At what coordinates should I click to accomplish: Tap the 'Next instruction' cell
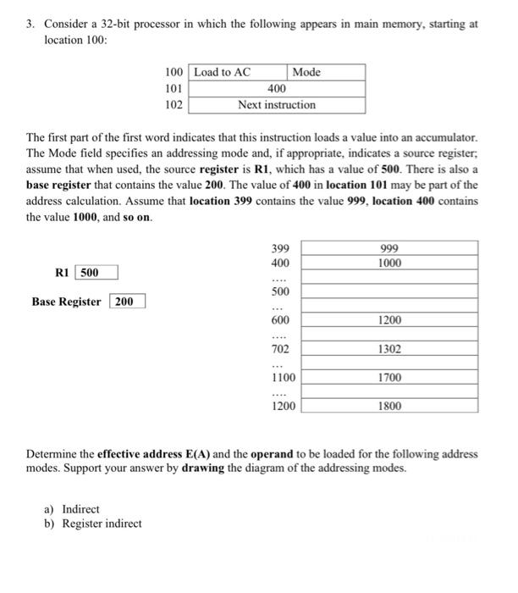click(x=276, y=105)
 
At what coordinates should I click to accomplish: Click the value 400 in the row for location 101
click(x=276, y=88)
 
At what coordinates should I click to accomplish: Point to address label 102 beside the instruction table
click(x=174, y=105)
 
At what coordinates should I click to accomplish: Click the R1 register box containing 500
click(x=96, y=272)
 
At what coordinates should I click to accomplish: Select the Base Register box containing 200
click(x=127, y=302)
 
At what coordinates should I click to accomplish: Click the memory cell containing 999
click(x=390, y=248)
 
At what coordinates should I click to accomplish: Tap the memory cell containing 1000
click(x=390, y=263)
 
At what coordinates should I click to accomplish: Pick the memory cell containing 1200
click(x=390, y=320)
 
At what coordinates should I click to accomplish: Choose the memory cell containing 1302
click(x=390, y=349)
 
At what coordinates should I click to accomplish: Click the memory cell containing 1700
click(x=390, y=378)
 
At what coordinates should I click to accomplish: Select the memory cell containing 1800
click(x=390, y=407)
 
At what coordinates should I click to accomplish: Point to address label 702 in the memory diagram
click(x=280, y=349)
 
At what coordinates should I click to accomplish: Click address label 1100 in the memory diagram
click(x=283, y=378)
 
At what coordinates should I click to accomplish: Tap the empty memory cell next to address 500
click(x=390, y=291)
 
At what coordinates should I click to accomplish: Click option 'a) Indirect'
click(x=71, y=509)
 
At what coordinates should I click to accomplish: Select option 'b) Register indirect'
click(x=92, y=524)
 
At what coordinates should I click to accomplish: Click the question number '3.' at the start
click(x=30, y=25)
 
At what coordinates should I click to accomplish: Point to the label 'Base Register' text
click(x=66, y=302)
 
